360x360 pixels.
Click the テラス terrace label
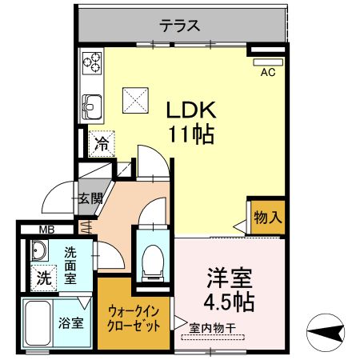(180, 26)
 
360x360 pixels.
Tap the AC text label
(268, 72)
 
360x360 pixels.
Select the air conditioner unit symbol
(268, 62)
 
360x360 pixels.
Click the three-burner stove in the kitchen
(92, 63)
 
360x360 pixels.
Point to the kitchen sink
(92, 106)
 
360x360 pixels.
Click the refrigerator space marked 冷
(102, 144)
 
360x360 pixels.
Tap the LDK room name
(191, 110)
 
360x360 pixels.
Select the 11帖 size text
(191, 134)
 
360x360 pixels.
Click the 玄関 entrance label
(90, 198)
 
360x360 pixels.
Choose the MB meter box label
(46, 230)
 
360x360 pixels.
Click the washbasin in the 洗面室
(39, 250)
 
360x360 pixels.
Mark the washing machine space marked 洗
(44, 278)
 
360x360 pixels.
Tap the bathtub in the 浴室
(38, 324)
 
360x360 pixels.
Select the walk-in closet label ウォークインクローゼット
(134, 318)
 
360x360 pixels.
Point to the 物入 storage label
(268, 218)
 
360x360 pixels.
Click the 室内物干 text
(213, 328)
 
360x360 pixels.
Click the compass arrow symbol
(326, 332)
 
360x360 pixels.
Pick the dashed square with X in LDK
(135, 100)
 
